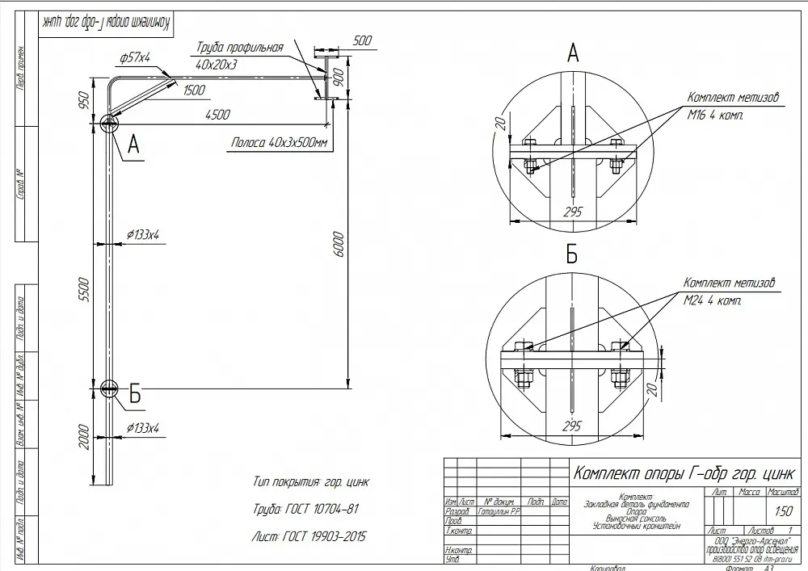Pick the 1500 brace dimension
pyautogui.click(x=194, y=90)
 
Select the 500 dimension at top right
pyautogui.click(x=362, y=40)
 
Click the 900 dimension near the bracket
pyautogui.click(x=339, y=77)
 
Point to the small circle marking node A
pyautogui.click(x=108, y=123)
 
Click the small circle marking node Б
pyautogui.click(x=108, y=388)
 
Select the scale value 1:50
pyautogui.click(x=783, y=511)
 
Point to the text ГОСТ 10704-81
pyautogui.click(x=305, y=510)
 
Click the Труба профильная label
pyautogui.click(x=239, y=48)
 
